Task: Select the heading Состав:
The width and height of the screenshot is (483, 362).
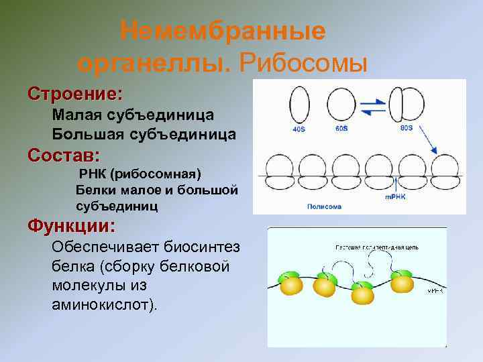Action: coord(64,156)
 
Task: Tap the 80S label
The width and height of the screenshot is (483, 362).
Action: coord(407,127)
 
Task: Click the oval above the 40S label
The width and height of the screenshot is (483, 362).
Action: coord(299,104)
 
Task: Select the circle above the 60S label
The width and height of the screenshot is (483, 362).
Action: coord(341,105)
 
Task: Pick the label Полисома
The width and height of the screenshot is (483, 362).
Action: coord(324,206)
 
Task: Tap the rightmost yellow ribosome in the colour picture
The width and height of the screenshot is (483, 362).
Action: coord(402,282)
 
